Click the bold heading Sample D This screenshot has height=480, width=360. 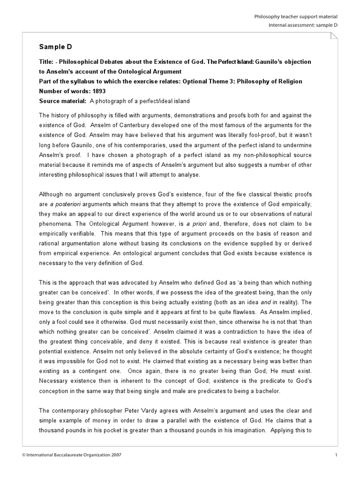coord(55,47)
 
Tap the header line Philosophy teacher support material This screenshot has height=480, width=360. coord(295,16)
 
